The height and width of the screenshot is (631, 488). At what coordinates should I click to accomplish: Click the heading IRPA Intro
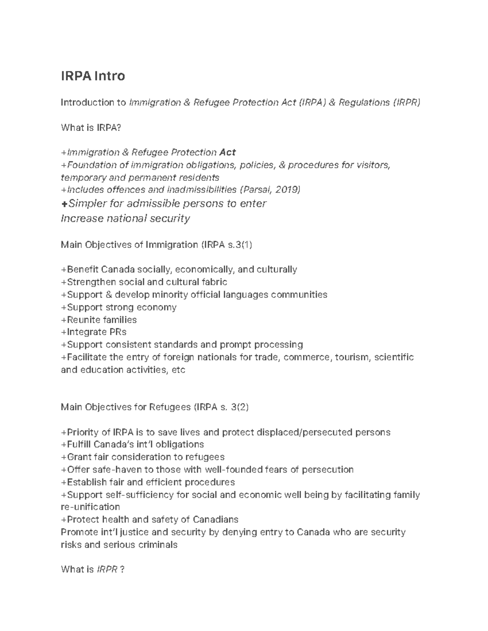point(93,76)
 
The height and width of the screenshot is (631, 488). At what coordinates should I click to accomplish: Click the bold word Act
point(227,152)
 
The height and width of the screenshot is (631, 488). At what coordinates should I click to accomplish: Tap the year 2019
point(287,190)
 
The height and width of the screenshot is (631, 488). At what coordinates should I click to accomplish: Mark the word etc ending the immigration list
point(179,370)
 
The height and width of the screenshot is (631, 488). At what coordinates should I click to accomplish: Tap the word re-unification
point(90,507)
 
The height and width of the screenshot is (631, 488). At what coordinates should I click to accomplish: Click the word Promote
point(79,532)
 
